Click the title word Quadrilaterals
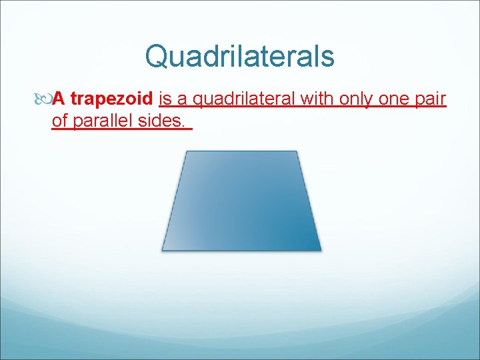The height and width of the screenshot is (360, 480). [x=239, y=57]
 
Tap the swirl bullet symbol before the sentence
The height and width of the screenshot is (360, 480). [x=45, y=100]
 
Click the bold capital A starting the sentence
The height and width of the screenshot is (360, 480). [x=59, y=99]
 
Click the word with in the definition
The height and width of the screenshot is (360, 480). [x=317, y=99]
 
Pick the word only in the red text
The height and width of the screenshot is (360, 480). [x=357, y=100]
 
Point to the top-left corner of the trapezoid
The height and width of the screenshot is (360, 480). [x=185, y=151]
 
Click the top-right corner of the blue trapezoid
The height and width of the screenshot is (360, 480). [x=297, y=151]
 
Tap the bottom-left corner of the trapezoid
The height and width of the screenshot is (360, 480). [x=163, y=250]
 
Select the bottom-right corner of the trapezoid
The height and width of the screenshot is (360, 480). [x=321, y=250]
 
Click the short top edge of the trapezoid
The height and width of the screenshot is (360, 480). [x=241, y=151]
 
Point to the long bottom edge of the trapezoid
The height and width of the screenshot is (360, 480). [x=241, y=250]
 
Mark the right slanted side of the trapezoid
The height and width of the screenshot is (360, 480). [x=309, y=201]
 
